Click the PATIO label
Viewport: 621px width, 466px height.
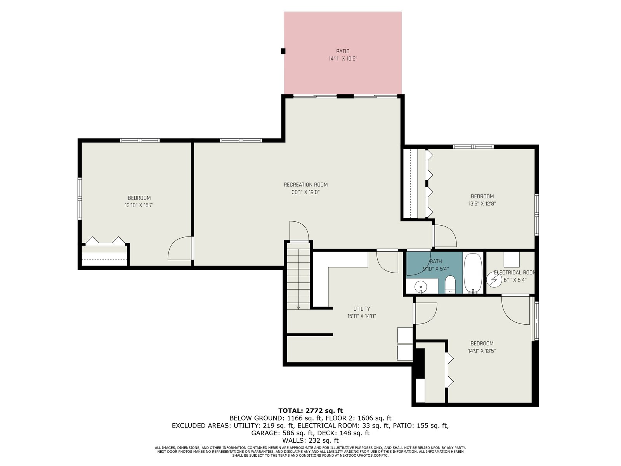tap(343, 51)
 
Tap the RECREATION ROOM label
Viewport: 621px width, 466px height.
tap(305, 185)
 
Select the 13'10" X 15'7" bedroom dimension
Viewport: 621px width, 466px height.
tap(139, 205)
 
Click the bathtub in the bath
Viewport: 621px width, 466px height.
tap(473, 273)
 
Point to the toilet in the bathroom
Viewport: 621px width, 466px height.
tap(450, 284)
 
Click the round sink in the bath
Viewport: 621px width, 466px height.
tap(421, 287)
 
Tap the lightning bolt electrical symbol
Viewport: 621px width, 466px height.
tap(494, 280)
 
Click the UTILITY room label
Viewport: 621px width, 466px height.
tap(362, 309)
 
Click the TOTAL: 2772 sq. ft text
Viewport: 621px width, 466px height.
tap(310, 410)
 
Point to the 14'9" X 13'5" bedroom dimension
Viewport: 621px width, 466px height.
tap(482, 351)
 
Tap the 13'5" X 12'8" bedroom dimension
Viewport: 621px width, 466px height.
tap(482, 203)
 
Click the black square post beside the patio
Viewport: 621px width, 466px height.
tap(283, 51)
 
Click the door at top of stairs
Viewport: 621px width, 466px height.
tap(299, 231)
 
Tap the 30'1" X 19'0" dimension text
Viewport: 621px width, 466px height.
tap(305, 192)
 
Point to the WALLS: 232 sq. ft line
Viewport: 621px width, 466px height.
tap(310, 440)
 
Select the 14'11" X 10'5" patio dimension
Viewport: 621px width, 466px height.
tap(343, 59)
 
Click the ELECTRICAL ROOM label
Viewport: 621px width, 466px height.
tap(515, 273)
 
